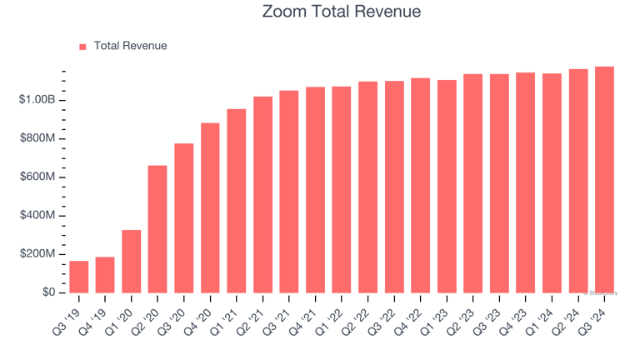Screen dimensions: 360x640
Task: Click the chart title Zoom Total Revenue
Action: pyautogui.click(x=342, y=12)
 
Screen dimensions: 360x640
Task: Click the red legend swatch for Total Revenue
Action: pyautogui.click(x=82, y=47)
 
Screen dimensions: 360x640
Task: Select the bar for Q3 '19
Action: pyautogui.click(x=79, y=277)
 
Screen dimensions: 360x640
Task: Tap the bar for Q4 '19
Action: pyautogui.click(x=105, y=275)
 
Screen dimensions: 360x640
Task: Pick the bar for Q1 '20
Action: pyautogui.click(x=132, y=262)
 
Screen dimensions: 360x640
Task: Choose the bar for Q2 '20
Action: pyautogui.click(x=157, y=229)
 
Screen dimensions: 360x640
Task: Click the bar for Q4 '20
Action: pyautogui.click(x=210, y=208)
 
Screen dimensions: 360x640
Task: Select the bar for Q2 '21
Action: pyautogui.click(x=262, y=195)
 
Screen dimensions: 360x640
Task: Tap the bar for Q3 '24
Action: pyautogui.click(x=604, y=180)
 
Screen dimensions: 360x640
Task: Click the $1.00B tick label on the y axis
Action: pyautogui.click(x=37, y=100)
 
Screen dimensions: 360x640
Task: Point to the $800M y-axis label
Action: pyautogui.click(x=37, y=138)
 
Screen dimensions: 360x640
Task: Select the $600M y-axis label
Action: pyautogui.click(x=37, y=177)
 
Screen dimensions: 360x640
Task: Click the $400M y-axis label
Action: pyautogui.click(x=37, y=216)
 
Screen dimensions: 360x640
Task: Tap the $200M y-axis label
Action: pyautogui.click(x=37, y=254)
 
